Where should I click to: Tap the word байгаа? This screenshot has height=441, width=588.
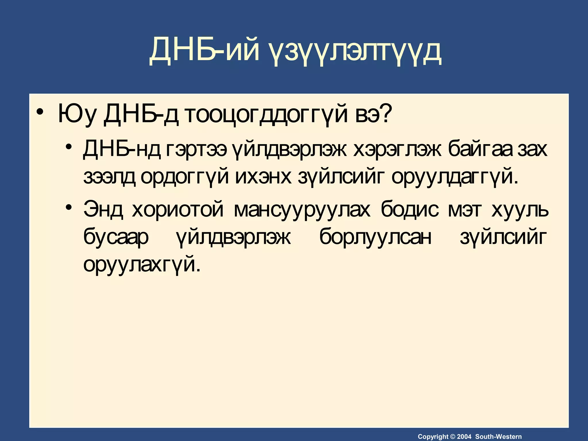(x=482, y=150)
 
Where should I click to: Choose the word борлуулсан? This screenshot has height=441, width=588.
(x=375, y=237)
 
